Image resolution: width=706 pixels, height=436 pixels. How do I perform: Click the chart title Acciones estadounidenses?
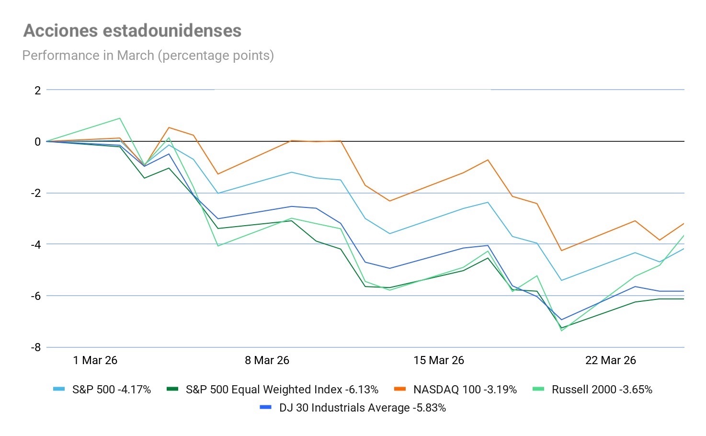132,31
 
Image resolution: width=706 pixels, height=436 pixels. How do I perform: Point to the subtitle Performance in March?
148,56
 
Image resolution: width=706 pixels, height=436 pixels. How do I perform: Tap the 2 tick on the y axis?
37,90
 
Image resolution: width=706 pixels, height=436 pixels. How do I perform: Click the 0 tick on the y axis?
37,142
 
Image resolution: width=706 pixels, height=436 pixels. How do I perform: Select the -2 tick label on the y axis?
36,193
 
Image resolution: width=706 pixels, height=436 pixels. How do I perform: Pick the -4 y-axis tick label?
36,244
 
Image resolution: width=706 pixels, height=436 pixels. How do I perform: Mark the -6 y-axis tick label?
36,296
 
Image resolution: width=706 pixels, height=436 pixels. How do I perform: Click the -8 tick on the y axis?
36,347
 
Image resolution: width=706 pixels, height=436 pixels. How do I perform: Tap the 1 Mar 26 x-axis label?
95,360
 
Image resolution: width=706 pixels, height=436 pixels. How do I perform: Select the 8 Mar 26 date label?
267,360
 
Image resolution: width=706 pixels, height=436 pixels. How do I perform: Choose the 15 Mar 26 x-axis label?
439,360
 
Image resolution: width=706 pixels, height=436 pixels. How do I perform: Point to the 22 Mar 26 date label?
610,360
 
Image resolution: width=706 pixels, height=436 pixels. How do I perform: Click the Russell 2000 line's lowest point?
561,331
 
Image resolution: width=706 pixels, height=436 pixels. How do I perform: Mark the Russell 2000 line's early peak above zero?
120,118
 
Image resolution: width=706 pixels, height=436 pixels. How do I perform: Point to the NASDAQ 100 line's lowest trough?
561,251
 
